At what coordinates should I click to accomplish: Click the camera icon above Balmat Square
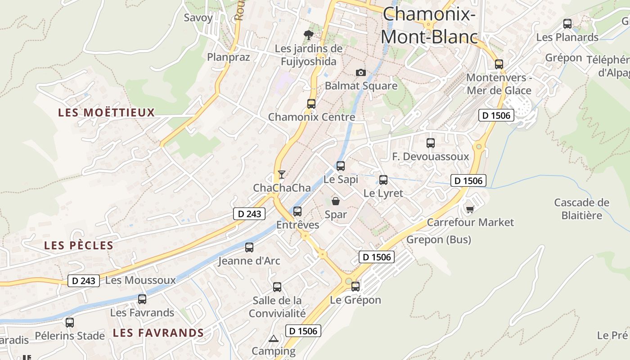point(360,72)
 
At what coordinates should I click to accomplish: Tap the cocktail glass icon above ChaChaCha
point(282,174)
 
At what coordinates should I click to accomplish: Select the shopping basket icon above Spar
point(336,201)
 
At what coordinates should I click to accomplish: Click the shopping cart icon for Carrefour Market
point(470,209)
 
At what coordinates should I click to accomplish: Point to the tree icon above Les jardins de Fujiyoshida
point(308,35)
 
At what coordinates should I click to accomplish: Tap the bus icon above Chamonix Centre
point(311,103)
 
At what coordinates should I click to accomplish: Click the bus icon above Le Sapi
point(341,166)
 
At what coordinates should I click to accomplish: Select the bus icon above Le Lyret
point(383,180)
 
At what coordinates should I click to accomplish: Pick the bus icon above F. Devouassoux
point(431,143)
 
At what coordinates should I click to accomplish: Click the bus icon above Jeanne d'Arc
point(249,247)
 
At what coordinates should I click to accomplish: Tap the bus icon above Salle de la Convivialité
point(277,287)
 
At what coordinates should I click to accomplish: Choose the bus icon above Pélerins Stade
point(70,322)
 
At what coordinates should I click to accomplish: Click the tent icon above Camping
point(273,338)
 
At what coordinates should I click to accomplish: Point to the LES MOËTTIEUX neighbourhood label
point(106,112)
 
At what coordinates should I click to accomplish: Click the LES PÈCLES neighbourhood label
point(79,246)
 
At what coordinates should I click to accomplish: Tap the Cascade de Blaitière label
point(582,209)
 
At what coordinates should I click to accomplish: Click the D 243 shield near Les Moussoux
point(84,281)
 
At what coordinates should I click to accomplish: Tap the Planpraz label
point(228,57)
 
